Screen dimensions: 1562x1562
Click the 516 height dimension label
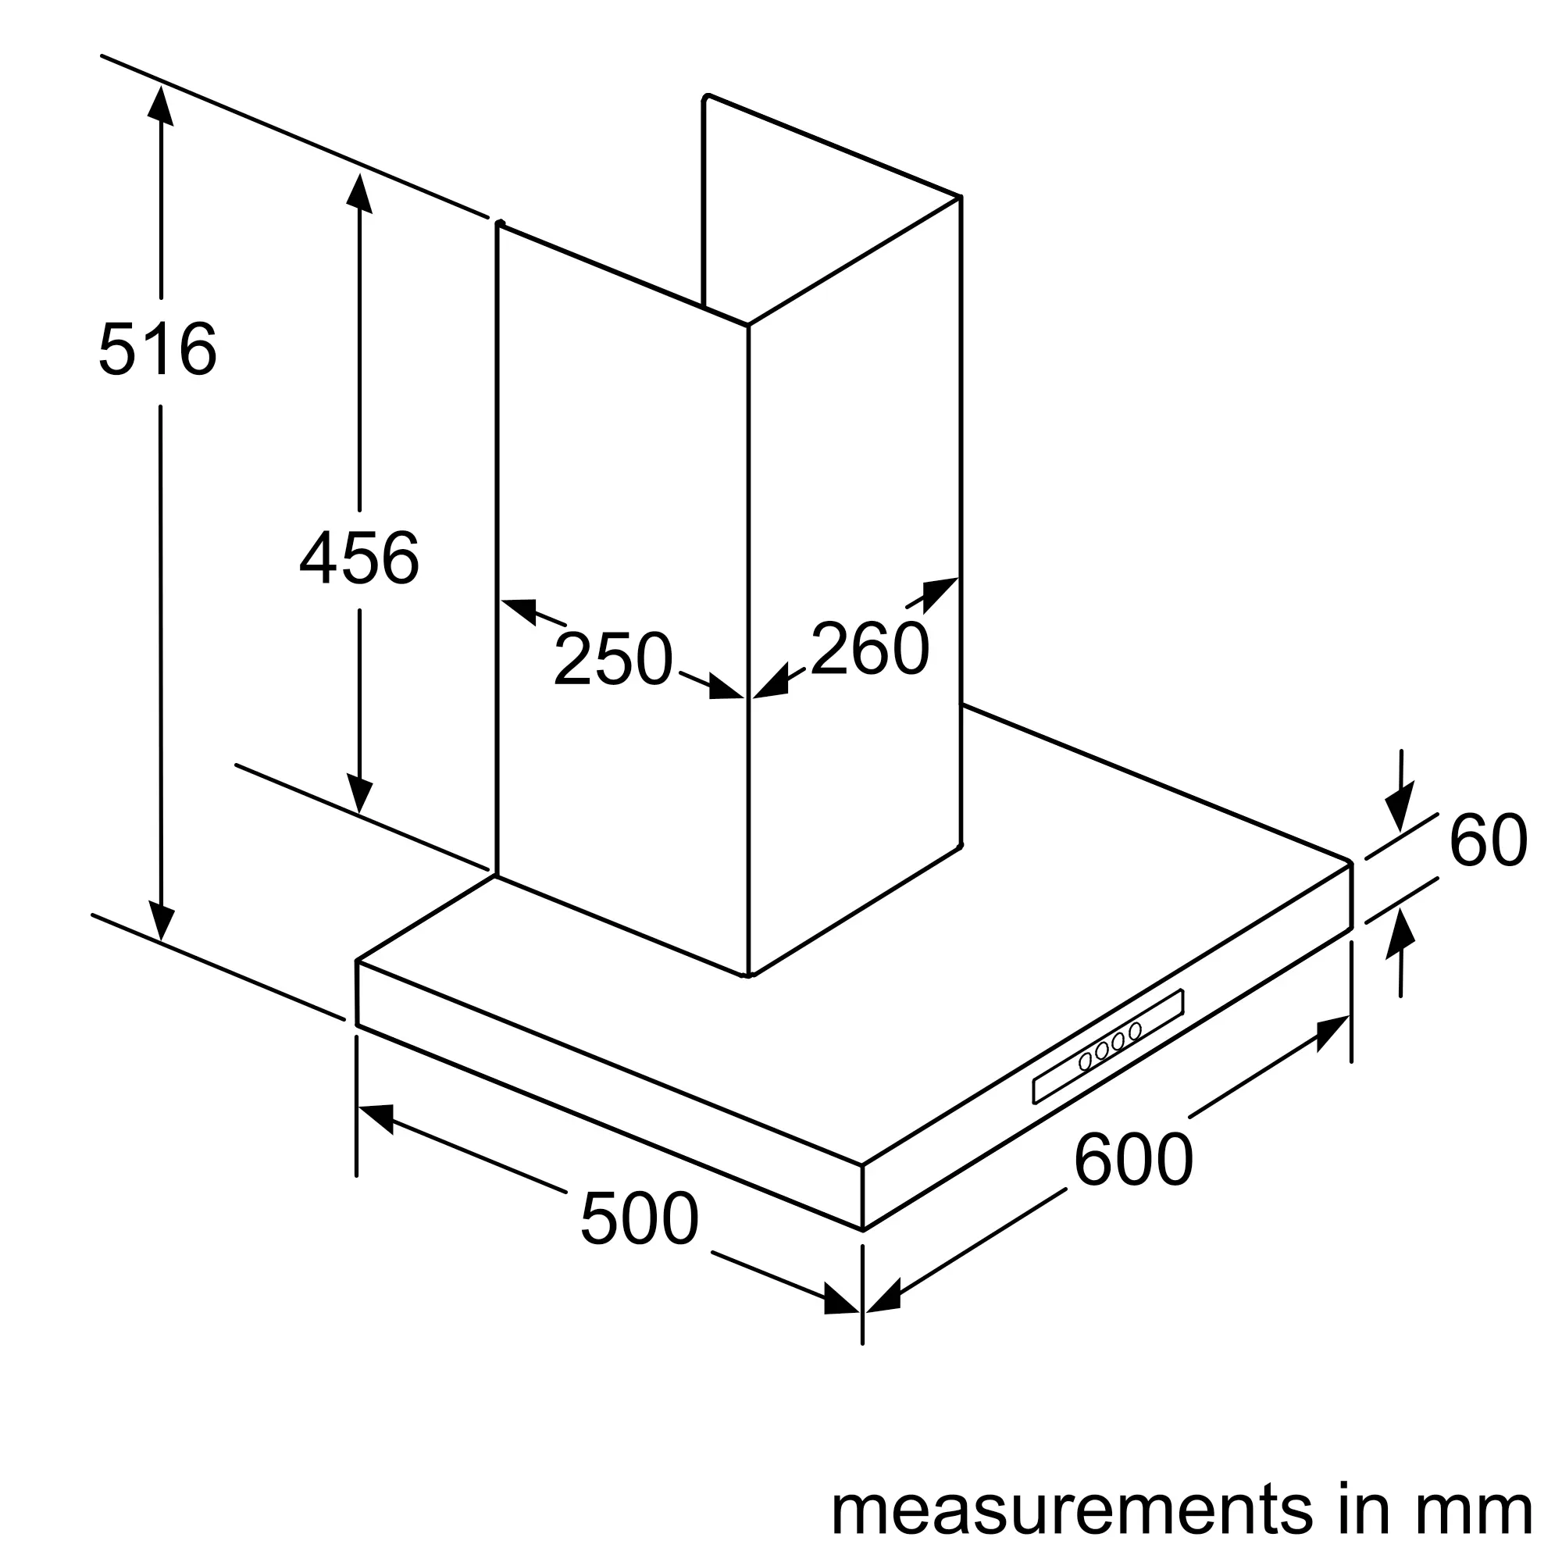point(158,349)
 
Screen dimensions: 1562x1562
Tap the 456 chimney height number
point(359,558)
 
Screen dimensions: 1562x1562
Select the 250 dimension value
point(613,659)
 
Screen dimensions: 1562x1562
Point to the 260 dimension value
point(870,648)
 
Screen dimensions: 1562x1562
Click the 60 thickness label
point(1489,842)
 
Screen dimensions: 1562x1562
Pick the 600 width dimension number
point(1133,1161)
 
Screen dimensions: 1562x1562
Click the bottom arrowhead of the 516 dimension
point(162,922)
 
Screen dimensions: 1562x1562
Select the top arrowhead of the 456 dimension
point(359,192)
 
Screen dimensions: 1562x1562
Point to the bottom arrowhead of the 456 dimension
point(360,793)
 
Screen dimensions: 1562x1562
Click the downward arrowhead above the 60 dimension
point(1400,804)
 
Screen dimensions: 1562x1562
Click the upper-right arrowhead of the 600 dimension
point(1331,1031)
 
